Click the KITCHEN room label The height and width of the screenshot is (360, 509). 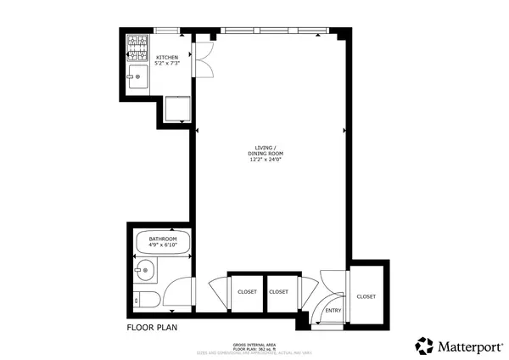coord(166,58)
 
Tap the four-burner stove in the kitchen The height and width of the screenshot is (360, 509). coord(137,44)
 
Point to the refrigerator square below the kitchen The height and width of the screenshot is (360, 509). coord(176,110)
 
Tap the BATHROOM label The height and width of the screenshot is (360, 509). coord(162,239)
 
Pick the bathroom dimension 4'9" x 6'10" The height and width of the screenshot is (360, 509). coord(162,246)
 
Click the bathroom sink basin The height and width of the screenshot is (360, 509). coord(144,273)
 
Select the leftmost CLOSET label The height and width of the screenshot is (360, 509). coord(247,292)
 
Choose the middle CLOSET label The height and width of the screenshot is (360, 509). coord(279,292)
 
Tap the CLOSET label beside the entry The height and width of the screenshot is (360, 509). coord(366,296)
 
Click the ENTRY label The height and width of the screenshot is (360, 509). coord(333,311)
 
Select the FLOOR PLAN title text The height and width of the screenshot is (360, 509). coord(152,326)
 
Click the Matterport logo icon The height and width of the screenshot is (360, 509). coord(424,345)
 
